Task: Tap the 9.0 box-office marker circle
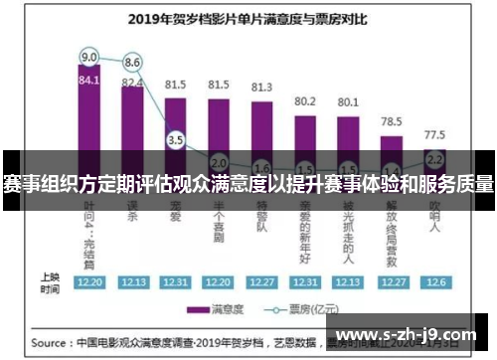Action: [x=88, y=56]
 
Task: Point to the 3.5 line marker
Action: [x=176, y=140]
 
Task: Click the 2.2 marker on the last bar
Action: [x=434, y=158]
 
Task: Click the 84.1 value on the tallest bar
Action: [x=88, y=81]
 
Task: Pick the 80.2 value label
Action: [x=305, y=100]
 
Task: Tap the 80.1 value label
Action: [x=348, y=101]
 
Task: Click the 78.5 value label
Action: [x=392, y=120]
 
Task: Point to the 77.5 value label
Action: [x=434, y=133]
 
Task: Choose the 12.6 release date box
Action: [x=434, y=281]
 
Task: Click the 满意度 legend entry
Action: [x=222, y=308]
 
